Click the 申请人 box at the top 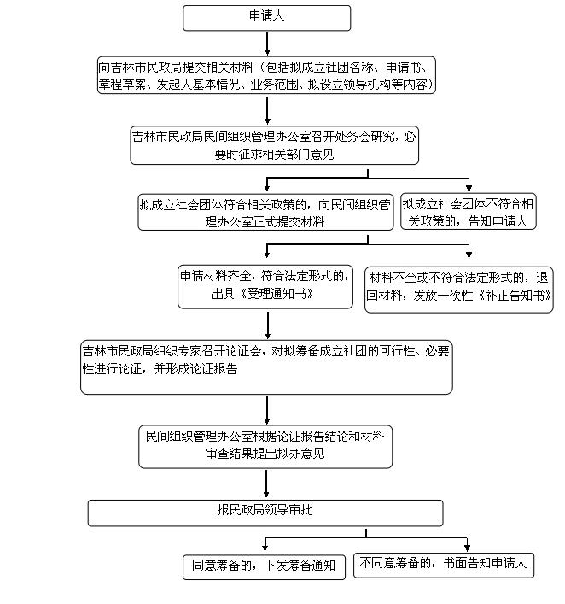(x=267, y=18)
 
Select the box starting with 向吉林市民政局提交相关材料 (x=266, y=75)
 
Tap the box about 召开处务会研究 (x=275, y=145)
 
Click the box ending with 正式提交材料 (x=265, y=212)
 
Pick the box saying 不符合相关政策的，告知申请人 (x=469, y=212)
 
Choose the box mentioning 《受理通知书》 (x=265, y=286)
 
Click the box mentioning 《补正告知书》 (x=459, y=290)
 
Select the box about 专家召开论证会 (x=266, y=367)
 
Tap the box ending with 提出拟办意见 (x=265, y=447)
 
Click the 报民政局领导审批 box (x=265, y=513)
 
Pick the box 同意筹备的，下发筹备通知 (x=264, y=567)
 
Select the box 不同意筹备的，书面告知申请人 (x=444, y=565)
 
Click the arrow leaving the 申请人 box (x=267, y=44)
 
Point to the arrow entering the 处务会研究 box (x=267, y=110)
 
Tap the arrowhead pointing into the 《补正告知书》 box (x=469, y=255)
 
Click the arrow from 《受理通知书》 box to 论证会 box (x=268, y=325)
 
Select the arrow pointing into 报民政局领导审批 (x=266, y=484)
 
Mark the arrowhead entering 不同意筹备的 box (x=467, y=548)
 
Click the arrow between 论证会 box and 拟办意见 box (x=267, y=411)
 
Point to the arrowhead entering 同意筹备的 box (x=265, y=548)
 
